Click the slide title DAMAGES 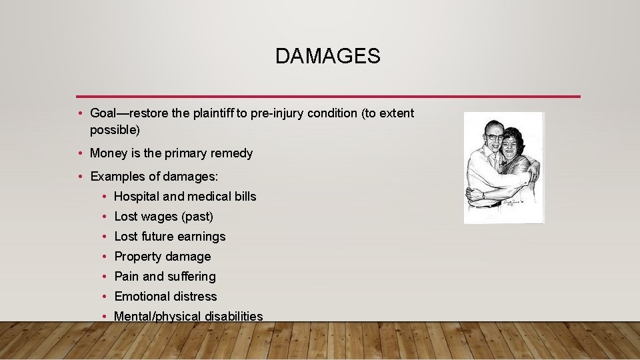tap(327, 57)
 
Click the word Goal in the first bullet tap(104, 113)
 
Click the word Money tap(107, 153)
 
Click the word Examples tap(118, 177)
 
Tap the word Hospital tap(137, 197)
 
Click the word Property tap(138, 257)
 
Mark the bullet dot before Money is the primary tap(79, 153)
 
